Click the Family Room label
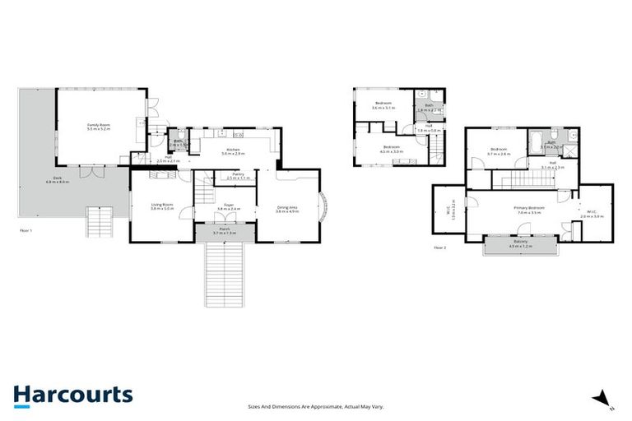(x=99, y=127)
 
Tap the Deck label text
(x=58, y=179)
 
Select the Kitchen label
(x=233, y=151)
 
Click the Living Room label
(x=161, y=206)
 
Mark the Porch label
(x=224, y=233)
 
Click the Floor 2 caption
(x=439, y=247)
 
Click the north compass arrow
(x=605, y=399)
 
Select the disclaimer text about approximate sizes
(x=316, y=406)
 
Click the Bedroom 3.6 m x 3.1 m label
(x=381, y=105)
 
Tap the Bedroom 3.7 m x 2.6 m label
(x=500, y=151)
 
